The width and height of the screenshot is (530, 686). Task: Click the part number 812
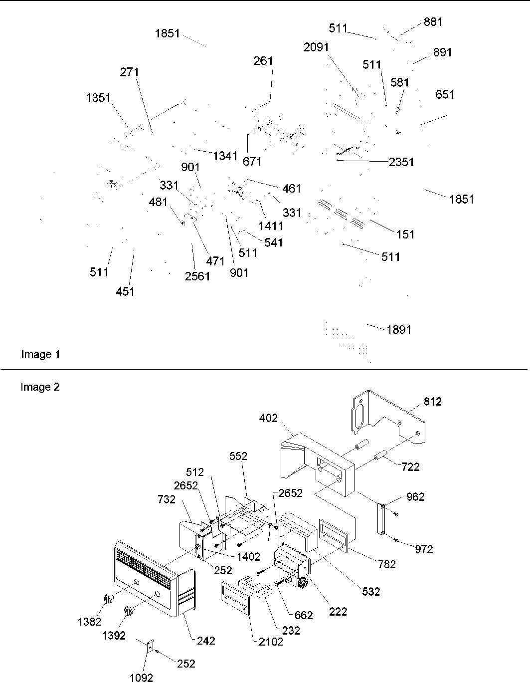[432, 402]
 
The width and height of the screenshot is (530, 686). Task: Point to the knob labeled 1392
[130, 611]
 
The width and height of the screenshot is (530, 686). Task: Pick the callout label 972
[424, 549]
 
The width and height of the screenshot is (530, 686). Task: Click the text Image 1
[40, 354]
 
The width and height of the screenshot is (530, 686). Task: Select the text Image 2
[40, 387]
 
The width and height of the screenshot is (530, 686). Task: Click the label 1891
[399, 330]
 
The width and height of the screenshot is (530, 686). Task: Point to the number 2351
[401, 162]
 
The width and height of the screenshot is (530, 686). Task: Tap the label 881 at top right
[433, 22]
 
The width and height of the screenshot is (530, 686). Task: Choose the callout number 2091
[316, 47]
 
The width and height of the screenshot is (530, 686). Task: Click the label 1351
[98, 97]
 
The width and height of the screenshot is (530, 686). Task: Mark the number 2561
[197, 276]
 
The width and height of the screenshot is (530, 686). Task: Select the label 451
[125, 291]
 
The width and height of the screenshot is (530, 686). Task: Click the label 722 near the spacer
[410, 467]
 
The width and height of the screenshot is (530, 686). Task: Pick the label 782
[386, 564]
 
